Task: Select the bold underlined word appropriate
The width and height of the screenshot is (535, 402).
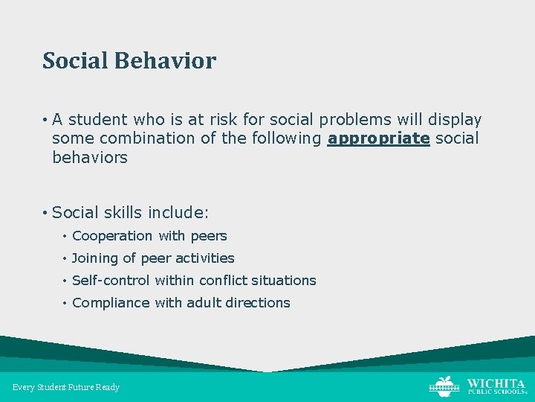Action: click(378, 138)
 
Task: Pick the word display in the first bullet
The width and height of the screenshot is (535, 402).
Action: click(455, 120)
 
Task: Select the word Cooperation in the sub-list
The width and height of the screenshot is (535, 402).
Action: click(112, 236)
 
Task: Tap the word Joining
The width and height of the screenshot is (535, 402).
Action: click(95, 258)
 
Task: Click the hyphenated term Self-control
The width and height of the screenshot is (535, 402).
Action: click(111, 281)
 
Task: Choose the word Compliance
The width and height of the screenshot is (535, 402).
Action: click(111, 303)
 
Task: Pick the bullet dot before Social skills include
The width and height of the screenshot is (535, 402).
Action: click(45, 214)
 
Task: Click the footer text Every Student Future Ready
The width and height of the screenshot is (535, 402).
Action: click(66, 387)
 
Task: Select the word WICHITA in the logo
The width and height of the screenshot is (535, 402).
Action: click(495, 382)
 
